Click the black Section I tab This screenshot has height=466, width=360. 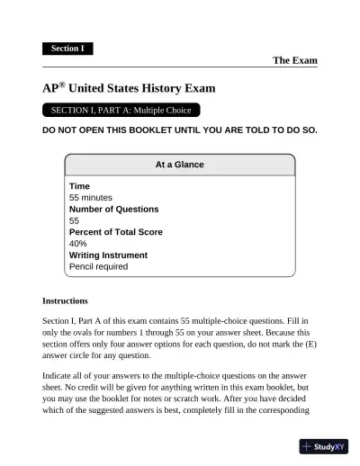point(67,49)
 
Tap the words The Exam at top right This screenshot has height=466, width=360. point(294,60)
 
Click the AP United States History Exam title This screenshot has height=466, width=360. point(129,89)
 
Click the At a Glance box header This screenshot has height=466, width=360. point(180,165)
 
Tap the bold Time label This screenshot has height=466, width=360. point(79,186)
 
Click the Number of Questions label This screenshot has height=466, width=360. point(113,209)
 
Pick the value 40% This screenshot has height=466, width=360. point(78,244)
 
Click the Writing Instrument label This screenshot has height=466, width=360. point(108,255)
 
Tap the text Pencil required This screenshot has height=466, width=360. point(98,267)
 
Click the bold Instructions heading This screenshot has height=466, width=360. point(65,300)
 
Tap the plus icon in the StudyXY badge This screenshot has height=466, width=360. point(308,446)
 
